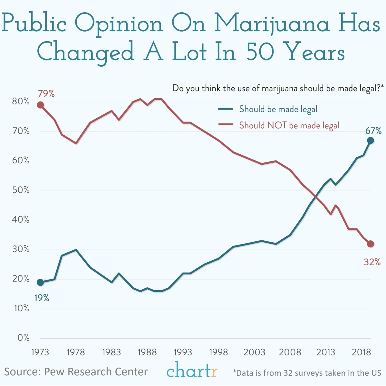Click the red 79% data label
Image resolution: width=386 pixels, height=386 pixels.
pos(46,94)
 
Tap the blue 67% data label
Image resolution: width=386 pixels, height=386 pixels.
pos(373,131)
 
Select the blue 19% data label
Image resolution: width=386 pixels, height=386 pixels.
pos(42,298)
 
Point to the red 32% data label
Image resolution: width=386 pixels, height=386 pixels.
pos(372,262)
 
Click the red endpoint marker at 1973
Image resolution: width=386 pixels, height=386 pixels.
pos(40,105)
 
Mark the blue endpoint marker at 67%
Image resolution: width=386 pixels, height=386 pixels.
pos(371,140)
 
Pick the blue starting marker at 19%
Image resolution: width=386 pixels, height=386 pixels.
pos(40,283)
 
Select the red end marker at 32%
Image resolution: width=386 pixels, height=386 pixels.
pos(371,244)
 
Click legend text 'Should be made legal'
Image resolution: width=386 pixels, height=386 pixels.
pos(278,109)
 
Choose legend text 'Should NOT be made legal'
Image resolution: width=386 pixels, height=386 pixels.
pos(289,125)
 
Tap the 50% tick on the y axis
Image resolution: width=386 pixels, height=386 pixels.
pos(21,190)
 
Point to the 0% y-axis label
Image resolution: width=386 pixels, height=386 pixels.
pos(23,338)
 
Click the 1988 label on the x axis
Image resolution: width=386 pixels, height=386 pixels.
pos(147,352)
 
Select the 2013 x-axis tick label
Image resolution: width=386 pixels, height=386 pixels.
pos(325,352)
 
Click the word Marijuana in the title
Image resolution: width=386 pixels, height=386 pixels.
pos(272,24)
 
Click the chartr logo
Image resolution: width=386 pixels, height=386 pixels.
pos(192,370)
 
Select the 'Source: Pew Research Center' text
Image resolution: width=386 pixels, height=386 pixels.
pos(76,372)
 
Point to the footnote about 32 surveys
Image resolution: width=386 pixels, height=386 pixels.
pos(307,373)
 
